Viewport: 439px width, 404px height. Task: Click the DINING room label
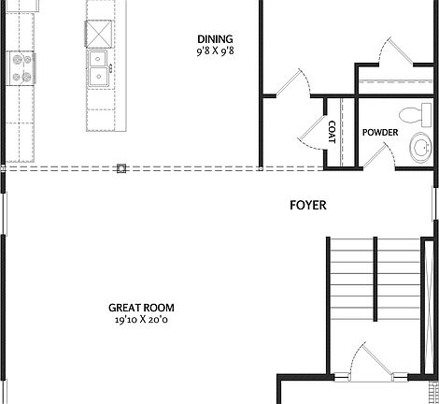(x=214, y=38)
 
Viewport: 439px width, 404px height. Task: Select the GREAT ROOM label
(x=141, y=308)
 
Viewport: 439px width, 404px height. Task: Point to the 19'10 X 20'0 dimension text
(x=141, y=320)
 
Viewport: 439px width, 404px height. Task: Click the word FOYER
(x=308, y=205)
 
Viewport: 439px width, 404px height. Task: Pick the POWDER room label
(x=380, y=133)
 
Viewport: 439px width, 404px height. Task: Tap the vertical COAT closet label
(x=332, y=132)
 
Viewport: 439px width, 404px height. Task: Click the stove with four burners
(x=21, y=67)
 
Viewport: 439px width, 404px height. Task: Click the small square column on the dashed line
(x=121, y=168)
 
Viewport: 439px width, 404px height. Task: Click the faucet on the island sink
(x=110, y=67)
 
